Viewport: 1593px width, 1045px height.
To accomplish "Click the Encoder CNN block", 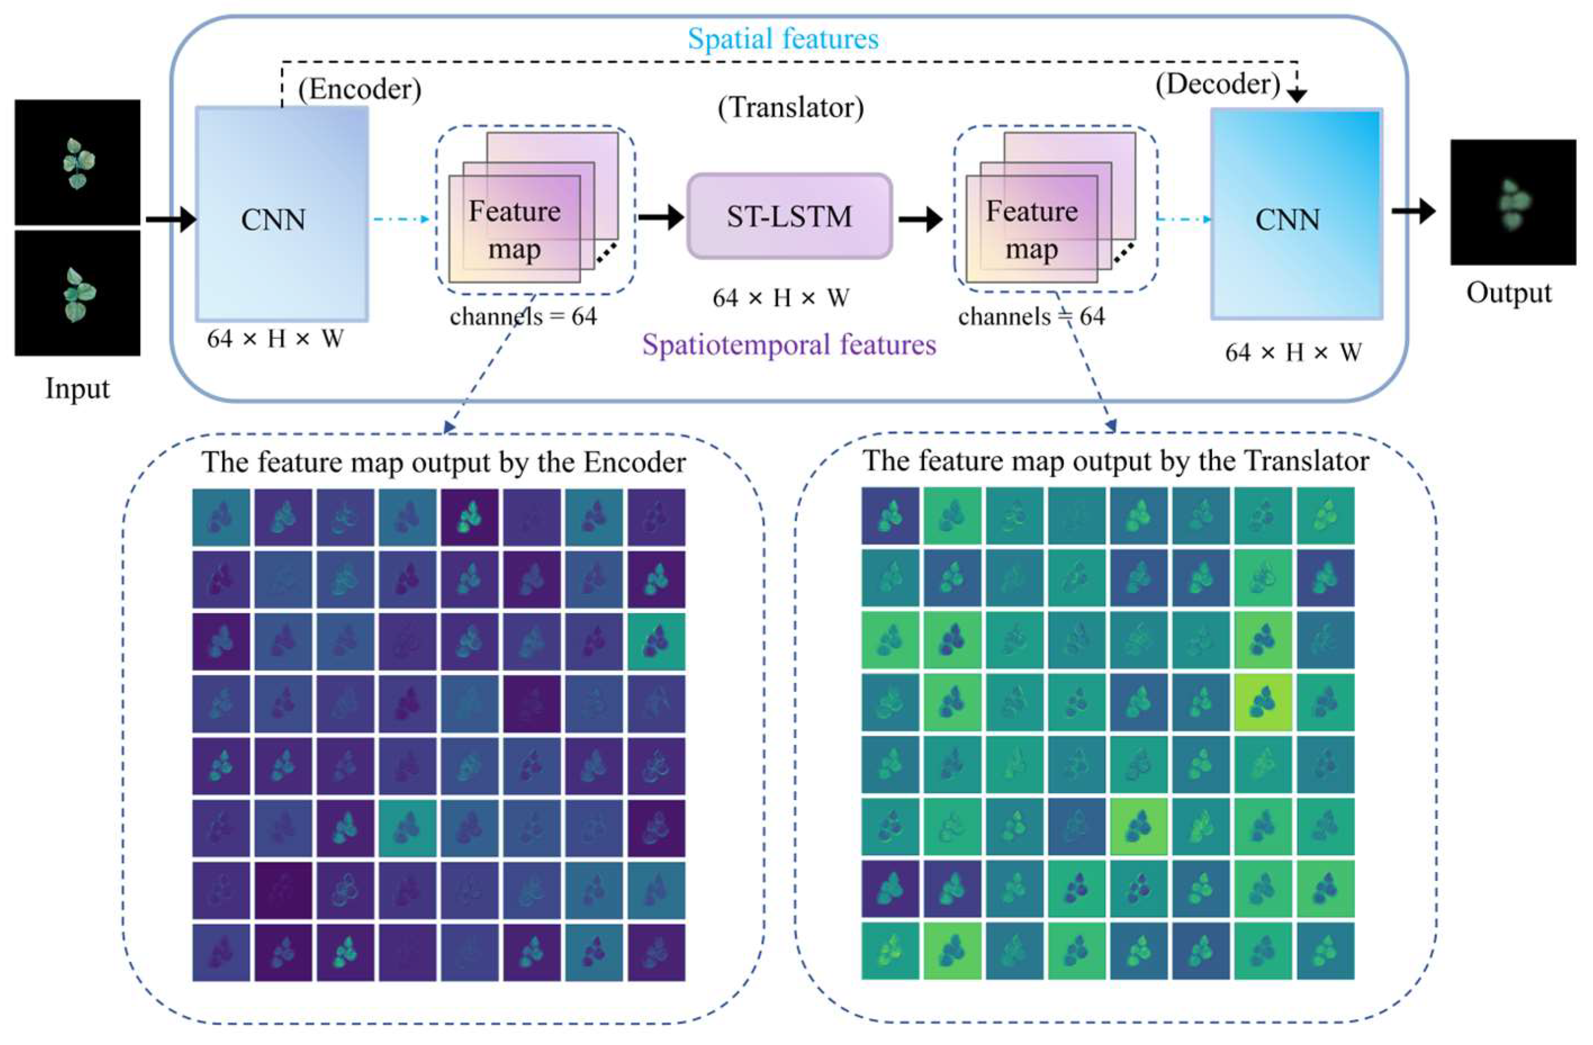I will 281,214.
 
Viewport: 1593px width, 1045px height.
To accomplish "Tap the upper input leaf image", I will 78,162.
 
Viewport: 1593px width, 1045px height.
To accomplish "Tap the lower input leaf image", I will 78,293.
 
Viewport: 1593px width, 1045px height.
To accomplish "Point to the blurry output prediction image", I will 1513,202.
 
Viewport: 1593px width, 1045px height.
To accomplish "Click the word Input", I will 77,388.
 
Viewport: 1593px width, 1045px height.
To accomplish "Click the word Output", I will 1509,293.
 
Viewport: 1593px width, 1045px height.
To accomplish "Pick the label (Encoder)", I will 359,89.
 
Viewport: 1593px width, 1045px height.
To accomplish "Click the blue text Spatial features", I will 783,39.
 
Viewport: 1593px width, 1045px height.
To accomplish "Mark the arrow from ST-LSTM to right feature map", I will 920,218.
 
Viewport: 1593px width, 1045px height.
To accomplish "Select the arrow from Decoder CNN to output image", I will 1413,211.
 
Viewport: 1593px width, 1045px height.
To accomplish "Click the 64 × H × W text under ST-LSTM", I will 780,298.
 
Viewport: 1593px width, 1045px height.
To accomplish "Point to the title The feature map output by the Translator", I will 1115,461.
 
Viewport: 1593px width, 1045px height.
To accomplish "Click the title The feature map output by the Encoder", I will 444,462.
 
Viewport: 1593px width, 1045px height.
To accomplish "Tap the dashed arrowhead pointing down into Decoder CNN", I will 1297,96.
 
